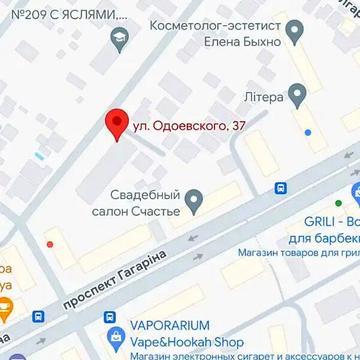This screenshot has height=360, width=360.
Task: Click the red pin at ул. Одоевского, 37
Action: coord(117,121)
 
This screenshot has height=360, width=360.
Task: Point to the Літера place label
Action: coord(265,95)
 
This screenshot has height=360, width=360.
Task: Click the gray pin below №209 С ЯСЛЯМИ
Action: coord(119,39)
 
